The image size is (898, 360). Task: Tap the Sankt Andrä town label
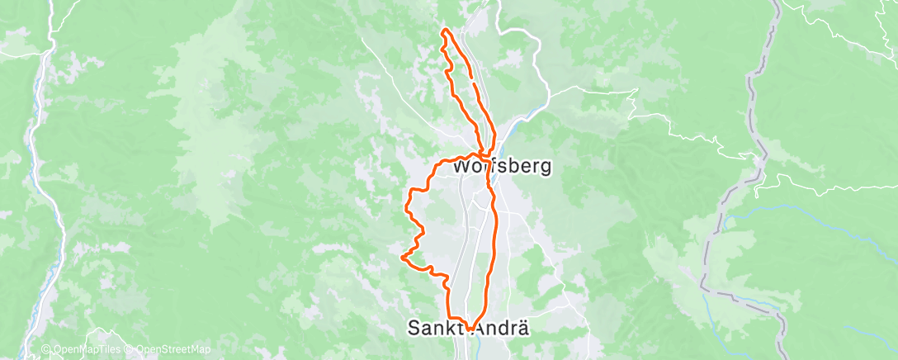pos(467,328)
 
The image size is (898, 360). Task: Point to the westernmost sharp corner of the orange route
pos(402,258)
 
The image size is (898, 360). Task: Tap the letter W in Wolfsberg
pos(461,165)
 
